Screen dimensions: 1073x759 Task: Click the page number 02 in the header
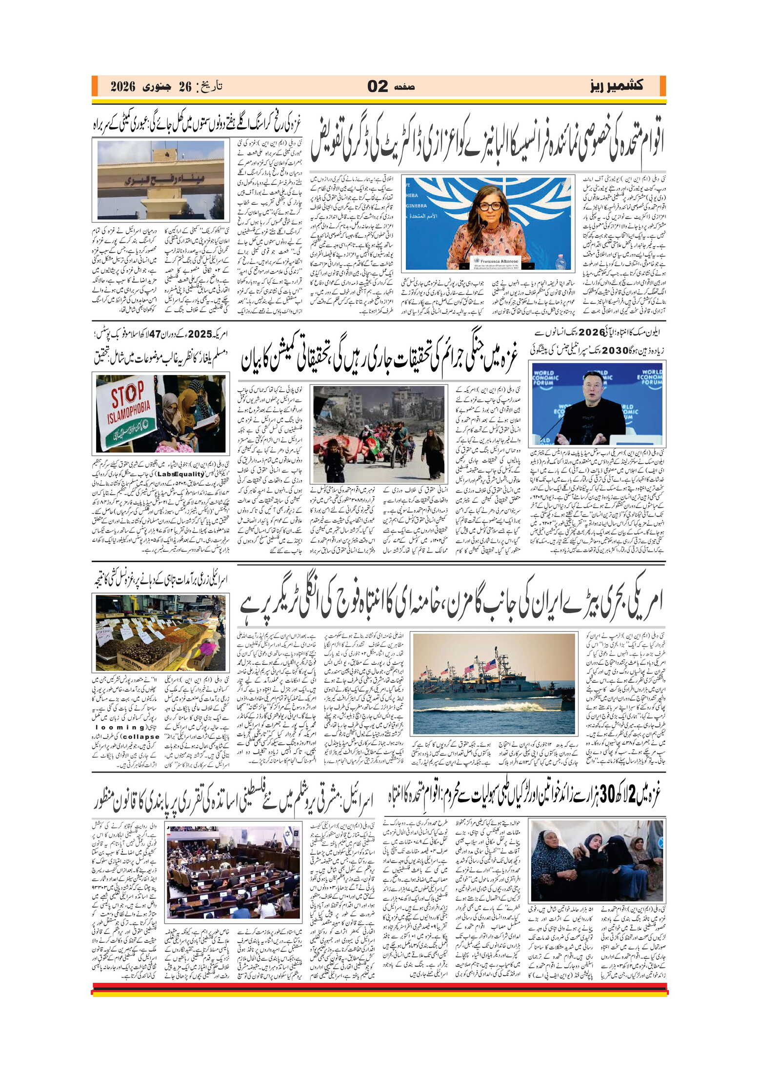[378, 86]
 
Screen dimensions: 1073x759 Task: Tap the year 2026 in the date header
[122, 87]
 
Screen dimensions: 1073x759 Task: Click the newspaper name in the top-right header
[616, 86]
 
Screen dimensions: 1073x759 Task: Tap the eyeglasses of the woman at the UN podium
[490, 206]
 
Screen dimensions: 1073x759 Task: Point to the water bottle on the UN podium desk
[560, 262]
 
